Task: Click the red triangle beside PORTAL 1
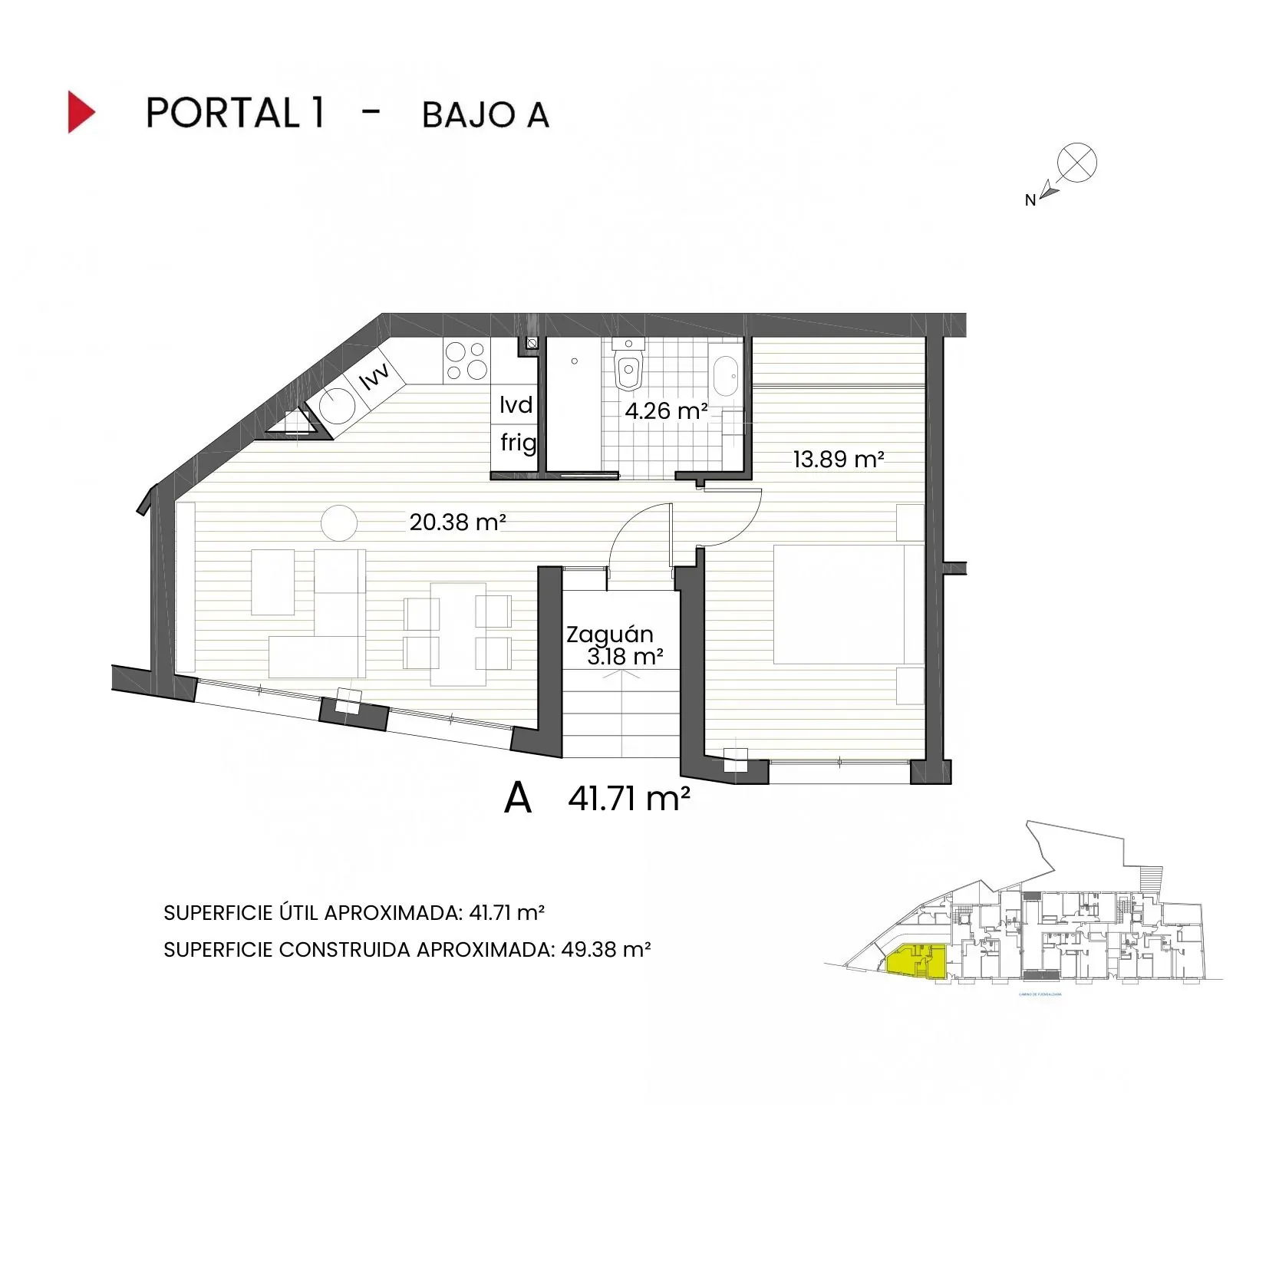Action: click(80, 112)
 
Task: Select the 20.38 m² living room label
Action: click(457, 522)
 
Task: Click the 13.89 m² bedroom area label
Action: click(838, 460)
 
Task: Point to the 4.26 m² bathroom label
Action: click(665, 411)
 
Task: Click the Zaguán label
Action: click(610, 634)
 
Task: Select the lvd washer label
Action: click(516, 404)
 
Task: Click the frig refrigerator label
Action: click(518, 443)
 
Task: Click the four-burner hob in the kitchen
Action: click(466, 361)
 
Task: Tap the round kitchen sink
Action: click(338, 406)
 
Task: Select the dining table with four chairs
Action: click(457, 634)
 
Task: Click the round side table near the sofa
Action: click(338, 523)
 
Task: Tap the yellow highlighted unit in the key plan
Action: click(915, 961)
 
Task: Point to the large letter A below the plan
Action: click(518, 799)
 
